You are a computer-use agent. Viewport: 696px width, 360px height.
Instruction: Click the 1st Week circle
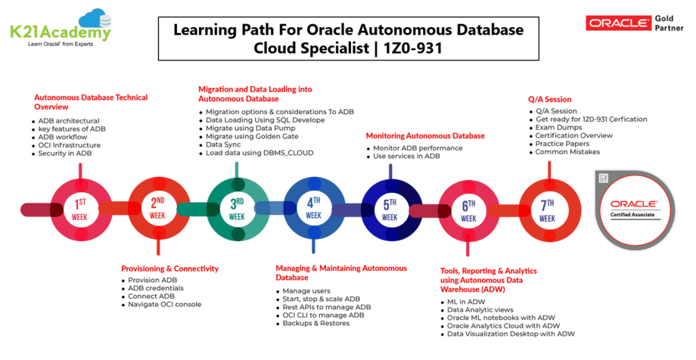click(80, 209)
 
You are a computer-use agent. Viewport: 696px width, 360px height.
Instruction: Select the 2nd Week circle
click(157, 209)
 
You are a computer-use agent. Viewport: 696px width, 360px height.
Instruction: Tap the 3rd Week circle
click(237, 209)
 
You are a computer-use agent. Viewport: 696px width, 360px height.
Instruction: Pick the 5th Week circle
click(390, 209)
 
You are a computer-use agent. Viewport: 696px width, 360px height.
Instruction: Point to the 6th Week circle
click(469, 209)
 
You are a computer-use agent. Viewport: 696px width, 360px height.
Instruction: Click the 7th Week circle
click(547, 209)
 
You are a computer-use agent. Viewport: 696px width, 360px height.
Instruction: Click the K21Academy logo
click(60, 26)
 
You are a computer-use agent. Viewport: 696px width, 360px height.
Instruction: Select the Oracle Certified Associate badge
click(633, 208)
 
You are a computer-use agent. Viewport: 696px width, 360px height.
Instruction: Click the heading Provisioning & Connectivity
click(169, 268)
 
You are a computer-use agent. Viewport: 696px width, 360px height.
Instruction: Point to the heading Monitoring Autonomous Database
click(425, 135)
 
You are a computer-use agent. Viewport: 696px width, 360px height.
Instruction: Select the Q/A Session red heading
click(549, 99)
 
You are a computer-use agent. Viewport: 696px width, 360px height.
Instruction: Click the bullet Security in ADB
click(67, 154)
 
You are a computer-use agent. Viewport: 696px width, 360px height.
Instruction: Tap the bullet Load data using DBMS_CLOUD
click(259, 153)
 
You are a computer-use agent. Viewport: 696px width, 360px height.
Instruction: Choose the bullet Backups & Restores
click(316, 323)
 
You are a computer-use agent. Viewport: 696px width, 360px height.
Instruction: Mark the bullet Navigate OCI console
click(165, 305)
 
